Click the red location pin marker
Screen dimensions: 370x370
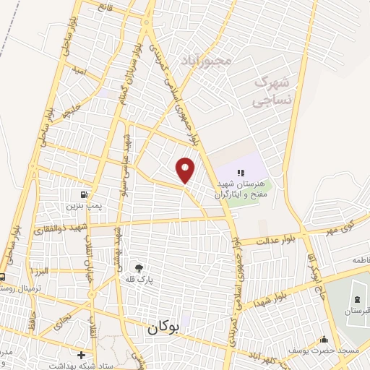coord(186,169)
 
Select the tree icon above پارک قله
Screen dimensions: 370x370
coord(139,267)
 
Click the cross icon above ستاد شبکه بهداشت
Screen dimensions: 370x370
coord(81,355)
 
